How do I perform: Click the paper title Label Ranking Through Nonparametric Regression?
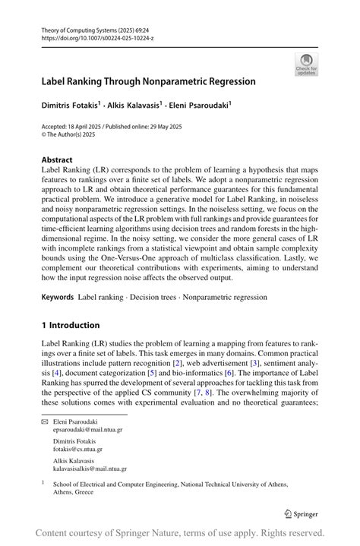point(148,81)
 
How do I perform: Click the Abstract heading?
point(57,160)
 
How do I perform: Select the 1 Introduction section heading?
point(71,325)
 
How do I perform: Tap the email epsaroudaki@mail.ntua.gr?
point(88,429)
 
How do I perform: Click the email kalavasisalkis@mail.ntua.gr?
point(90,469)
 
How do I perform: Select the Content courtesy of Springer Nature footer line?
point(180,533)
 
